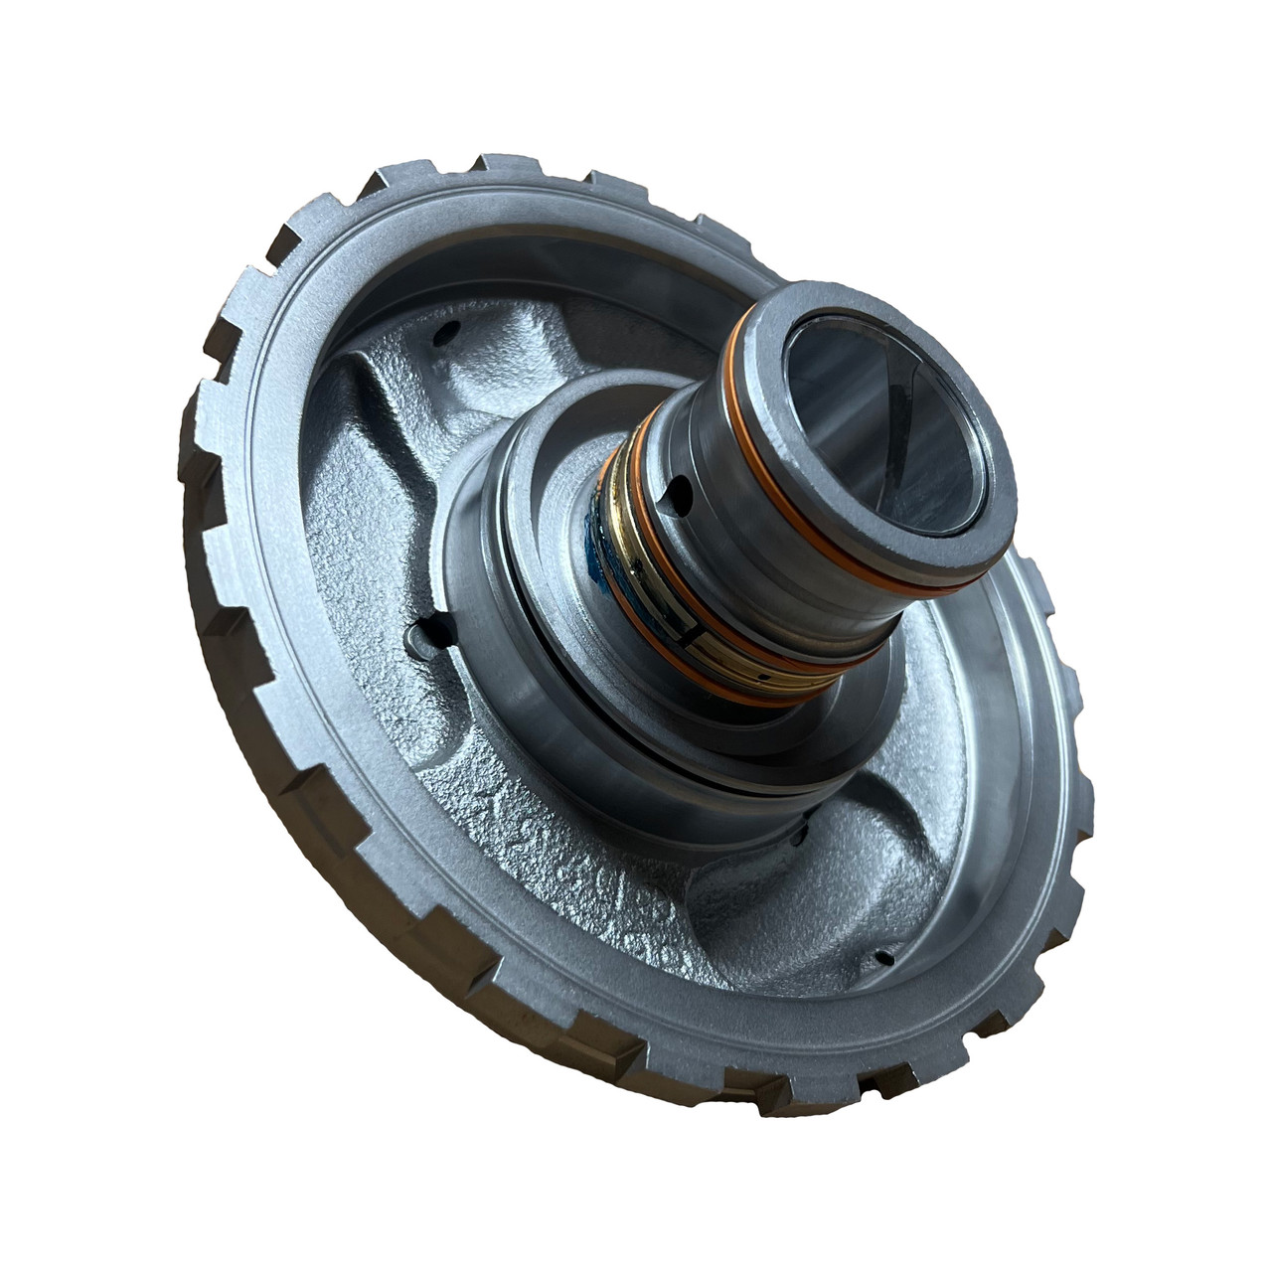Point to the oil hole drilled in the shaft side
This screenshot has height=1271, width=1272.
coord(678,488)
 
